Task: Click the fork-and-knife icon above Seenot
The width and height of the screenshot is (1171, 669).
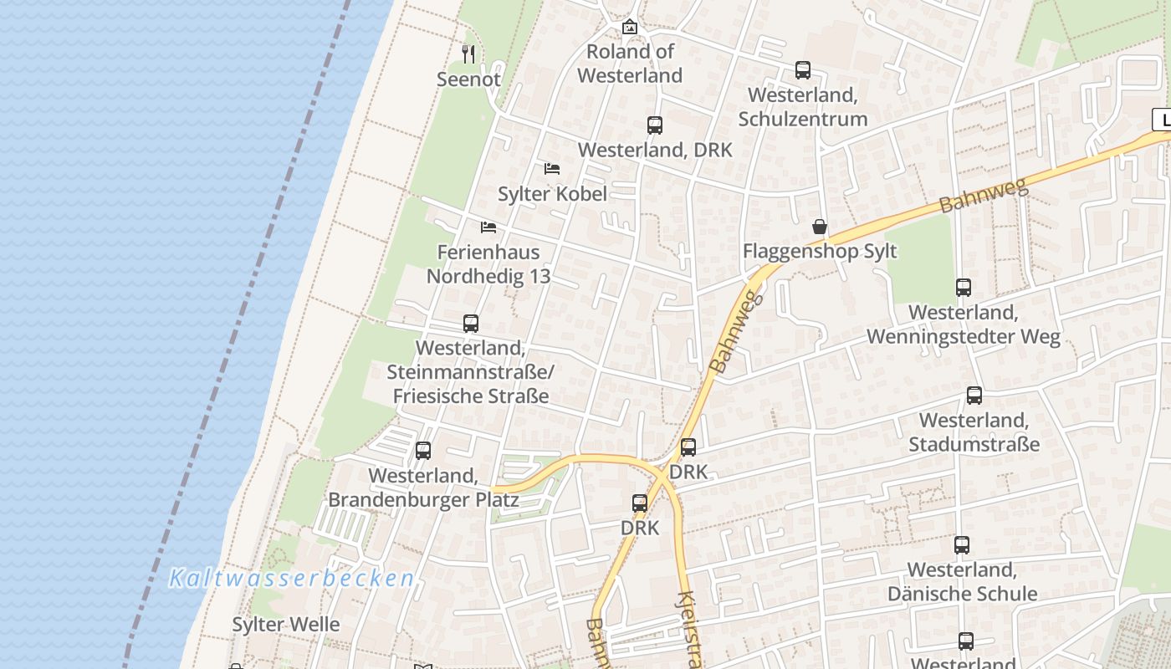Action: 468,54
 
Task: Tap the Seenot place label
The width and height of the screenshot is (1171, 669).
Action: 468,79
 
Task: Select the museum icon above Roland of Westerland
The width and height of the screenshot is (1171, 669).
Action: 630,27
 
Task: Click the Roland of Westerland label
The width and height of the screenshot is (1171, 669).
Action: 630,64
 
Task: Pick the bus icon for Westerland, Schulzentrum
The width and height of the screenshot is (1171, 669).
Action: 803,70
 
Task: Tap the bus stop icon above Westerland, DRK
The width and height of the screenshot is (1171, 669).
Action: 655,125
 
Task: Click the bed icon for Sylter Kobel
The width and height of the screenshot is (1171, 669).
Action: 552,169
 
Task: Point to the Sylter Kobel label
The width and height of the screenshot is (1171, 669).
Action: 552,194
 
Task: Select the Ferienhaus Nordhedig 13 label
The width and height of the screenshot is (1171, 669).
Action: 488,264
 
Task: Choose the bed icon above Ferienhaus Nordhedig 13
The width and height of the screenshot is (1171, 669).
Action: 488,227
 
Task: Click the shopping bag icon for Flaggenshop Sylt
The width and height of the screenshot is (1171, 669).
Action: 820,227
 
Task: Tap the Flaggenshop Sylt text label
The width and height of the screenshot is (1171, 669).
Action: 820,252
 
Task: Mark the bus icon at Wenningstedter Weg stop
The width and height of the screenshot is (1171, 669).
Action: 964,288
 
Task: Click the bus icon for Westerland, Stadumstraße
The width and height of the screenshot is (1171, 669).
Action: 974,396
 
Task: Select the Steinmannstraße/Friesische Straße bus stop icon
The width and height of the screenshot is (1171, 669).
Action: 471,324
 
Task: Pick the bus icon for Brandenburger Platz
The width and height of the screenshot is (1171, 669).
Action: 423,451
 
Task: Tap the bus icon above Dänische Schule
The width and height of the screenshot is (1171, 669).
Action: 962,545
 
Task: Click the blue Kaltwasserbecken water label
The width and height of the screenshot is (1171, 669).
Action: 292,578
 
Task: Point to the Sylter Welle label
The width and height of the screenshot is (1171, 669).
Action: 286,625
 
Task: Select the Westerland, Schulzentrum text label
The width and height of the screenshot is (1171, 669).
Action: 803,107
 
